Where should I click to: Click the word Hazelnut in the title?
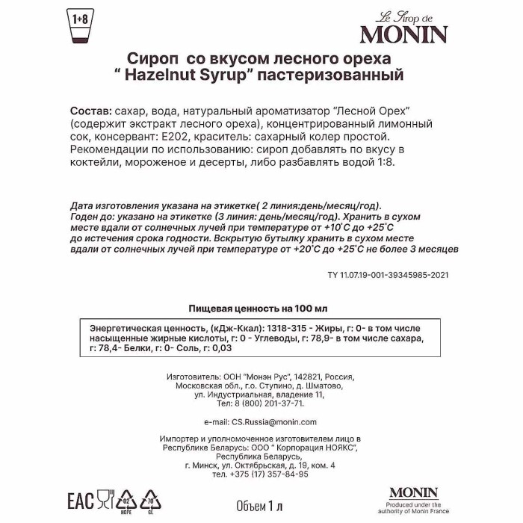177,75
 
